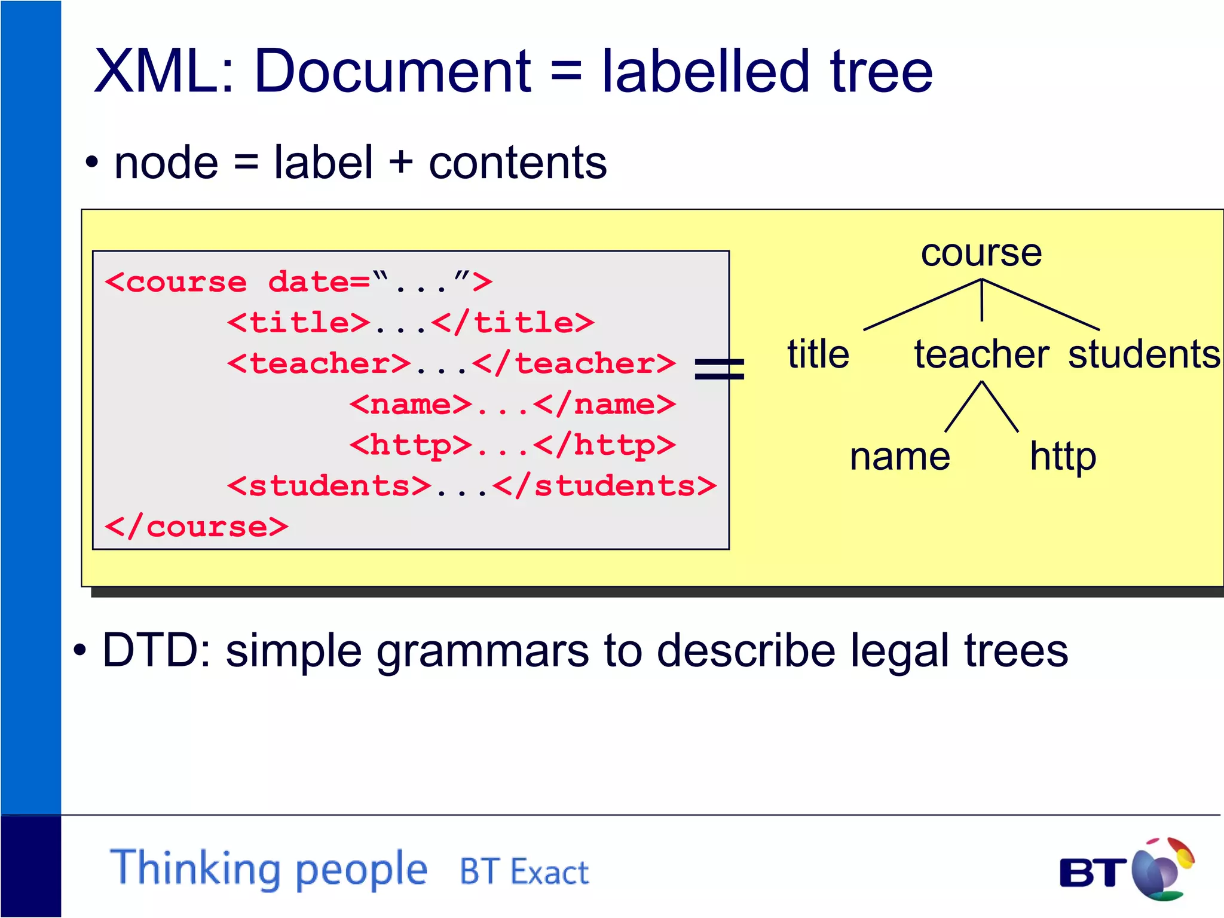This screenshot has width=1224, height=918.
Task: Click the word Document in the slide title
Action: click(392, 72)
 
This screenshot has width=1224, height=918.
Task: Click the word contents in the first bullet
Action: click(518, 163)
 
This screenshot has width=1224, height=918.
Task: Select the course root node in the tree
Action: click(981, 253)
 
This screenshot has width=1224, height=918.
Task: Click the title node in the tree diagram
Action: click(818, 354)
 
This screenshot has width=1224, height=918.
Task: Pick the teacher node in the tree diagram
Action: click(981, 354)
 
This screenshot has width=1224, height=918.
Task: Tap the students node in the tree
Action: click(1144, 354)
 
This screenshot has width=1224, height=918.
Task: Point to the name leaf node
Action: click(899, 457)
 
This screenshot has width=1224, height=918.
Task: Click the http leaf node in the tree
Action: click(1063, 457)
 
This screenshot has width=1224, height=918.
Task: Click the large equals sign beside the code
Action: click(720, 369)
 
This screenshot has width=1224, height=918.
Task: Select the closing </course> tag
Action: click(196, 527)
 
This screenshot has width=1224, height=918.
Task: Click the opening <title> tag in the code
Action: click(299, 323)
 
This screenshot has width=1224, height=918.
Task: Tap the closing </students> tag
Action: click(604, 486)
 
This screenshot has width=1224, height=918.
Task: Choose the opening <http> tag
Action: click(411, 446)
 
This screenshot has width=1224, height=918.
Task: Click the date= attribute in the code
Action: click(319, 282)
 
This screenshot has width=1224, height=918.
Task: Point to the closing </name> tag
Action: click(604, 405)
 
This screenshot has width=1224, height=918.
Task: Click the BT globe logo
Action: click(1160, 870)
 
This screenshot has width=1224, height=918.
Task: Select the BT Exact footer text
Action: click(524, 872)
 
